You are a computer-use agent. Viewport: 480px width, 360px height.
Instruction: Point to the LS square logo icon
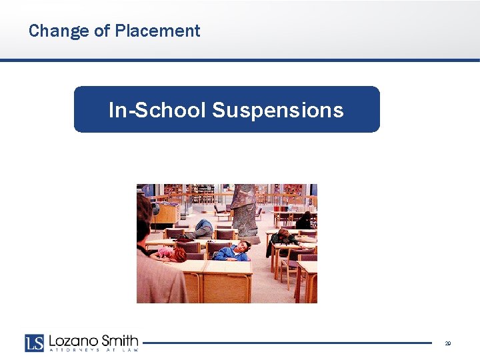35,343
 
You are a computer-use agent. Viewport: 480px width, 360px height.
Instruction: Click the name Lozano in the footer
73,341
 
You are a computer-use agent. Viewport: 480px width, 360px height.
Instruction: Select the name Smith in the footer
119,341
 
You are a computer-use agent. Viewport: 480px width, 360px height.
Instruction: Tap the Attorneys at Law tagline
93,350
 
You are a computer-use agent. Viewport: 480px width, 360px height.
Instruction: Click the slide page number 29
448,343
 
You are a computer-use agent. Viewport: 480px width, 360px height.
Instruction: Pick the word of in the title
103,31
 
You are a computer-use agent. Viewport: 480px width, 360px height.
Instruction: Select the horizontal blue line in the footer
287,343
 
